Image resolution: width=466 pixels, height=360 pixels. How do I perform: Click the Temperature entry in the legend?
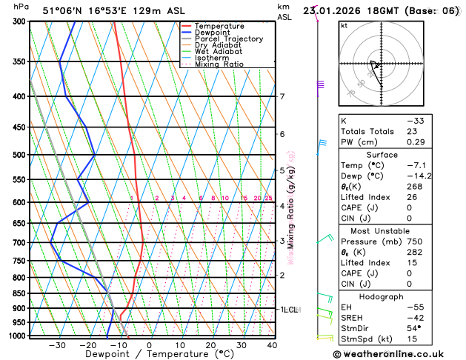[219, 26]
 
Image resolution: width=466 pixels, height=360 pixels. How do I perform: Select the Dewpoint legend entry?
[213, 33]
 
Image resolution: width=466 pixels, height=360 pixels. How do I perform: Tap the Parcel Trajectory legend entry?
[228, 39]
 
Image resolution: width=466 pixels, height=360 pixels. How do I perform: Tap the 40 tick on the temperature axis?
[272, 345]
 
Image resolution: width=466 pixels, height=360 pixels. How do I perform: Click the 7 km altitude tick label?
[282, 97]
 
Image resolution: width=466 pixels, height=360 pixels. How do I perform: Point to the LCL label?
[290, 310]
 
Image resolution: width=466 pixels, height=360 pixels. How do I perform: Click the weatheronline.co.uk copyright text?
[399, 354]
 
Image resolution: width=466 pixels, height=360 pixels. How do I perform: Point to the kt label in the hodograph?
[344, 25]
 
